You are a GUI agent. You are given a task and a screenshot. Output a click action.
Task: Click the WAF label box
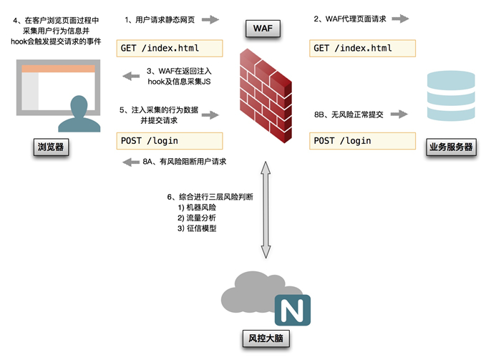tap(263, 29)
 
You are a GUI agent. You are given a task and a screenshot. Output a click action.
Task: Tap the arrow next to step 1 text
tap(210, 20)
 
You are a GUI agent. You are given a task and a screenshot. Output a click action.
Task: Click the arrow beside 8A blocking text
tap(131, 162)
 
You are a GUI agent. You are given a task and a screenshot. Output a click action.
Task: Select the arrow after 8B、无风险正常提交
tap(399, 114)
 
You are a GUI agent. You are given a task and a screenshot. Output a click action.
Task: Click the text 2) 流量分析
tap(196, 218)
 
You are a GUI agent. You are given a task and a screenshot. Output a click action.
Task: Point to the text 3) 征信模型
tap(196, 228)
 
